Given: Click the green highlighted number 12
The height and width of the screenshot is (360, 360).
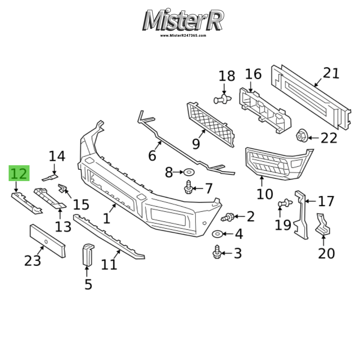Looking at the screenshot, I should tap(19, 174).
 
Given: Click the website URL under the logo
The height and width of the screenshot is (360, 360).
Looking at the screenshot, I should tap(183, 36).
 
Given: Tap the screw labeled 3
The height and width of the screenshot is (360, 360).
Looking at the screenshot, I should tap(217, 252).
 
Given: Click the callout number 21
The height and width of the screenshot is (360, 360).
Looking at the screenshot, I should tap(331, 73).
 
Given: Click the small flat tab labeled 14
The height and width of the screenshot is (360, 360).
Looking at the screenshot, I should tap(50, 177).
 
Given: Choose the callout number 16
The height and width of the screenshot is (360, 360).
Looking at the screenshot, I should tap(253, 74).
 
